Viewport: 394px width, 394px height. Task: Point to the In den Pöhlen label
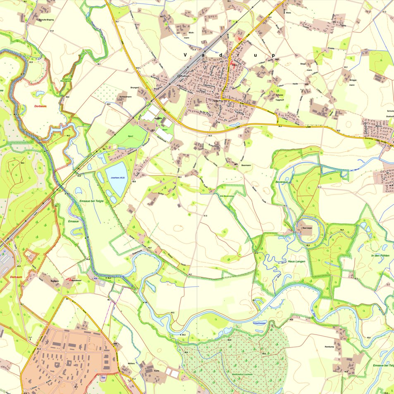(x=380, y=256)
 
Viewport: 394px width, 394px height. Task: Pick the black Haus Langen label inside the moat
(x=307, y=227)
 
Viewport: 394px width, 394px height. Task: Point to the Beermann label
(x=246, y=165)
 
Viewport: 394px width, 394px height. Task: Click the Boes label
(x=289, y=13)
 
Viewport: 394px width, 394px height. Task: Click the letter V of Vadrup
(x=186, y=55)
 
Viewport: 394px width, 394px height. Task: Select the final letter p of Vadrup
(x=273, y=55)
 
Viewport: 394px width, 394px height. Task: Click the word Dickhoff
(x=390, y=117)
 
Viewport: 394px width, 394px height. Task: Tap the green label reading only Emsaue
(x=74, y=222)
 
